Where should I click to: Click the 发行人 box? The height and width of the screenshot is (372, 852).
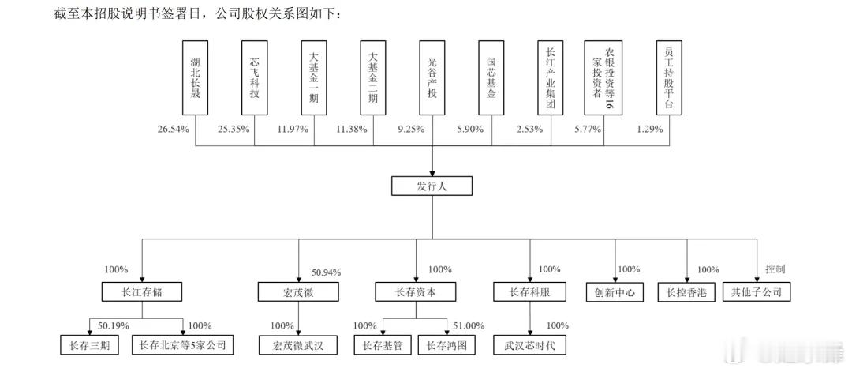pyautogui.click(x=432, y=186)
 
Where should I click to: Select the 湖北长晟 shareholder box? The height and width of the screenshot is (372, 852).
pyautogui.click(x=196, y=77)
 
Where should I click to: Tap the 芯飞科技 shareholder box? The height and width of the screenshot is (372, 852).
pyautogui.click(x=254, y=77)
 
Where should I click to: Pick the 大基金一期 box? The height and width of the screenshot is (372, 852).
pyautogui.click(x=313, y=77)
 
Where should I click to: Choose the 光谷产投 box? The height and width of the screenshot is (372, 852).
pyautogui.click(x=432, y=77)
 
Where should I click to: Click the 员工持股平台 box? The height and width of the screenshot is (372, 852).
pyautogui.click(x=669, y=77)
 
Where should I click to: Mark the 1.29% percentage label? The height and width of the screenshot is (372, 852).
pyautogui.click(x=650, y=129)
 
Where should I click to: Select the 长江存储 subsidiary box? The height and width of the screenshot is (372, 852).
pyautogui.click(x=142, y=292)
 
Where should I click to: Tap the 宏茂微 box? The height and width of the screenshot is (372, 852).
pyautogui.click(x=298, y=292)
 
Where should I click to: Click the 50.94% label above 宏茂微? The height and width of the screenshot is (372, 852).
pyautogui.click(x=326, y=272)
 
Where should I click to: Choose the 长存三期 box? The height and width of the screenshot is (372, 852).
pyautogui.click(x=89, y=345)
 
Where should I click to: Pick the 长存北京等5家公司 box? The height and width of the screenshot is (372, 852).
pyautogui.click(x=182, y=345)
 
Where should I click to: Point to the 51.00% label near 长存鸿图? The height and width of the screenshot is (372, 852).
pyautogui.click(x=469, y=325)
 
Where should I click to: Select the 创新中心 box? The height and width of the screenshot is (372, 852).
pyautogui.click(x=615, y=292)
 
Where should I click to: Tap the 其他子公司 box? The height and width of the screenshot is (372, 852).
pyautogui.click(x=757, y=292)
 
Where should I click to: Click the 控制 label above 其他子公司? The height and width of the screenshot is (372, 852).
pyautogui.click(x=775, y=269)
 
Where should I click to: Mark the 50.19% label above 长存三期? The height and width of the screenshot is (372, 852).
pyautogui.click(x=114, y=325)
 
